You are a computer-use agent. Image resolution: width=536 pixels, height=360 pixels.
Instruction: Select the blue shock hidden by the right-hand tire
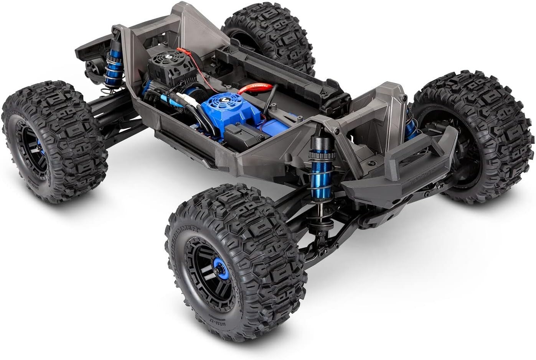tap(411, 125)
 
